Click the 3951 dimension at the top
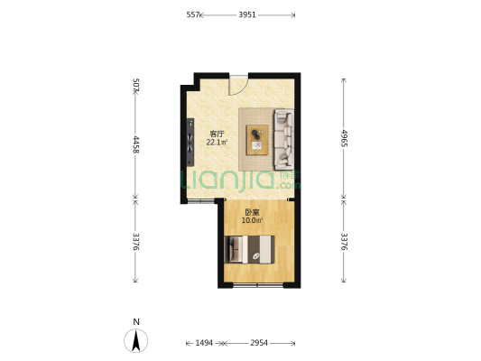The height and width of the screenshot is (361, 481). (247, 14)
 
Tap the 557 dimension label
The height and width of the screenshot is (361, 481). (193, 14)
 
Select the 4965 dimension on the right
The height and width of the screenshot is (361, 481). (344, 138)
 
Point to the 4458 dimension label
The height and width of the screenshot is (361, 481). (136, 144)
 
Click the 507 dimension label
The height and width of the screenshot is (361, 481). (136, 85)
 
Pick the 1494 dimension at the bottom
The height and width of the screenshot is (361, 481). (204, 343)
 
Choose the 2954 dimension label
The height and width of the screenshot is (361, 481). (259, 343)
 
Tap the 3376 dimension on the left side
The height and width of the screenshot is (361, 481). (136, 242)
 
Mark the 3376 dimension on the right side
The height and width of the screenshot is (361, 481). (344, 242)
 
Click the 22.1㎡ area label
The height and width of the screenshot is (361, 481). (217, 143)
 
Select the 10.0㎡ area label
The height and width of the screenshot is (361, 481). (252, 220)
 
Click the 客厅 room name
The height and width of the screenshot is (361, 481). (217, 134)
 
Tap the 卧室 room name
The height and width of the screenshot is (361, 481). (252, 212)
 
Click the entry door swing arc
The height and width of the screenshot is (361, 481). (243, 90)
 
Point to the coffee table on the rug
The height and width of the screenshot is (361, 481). (257, 140)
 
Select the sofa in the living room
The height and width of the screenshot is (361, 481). (284, 139)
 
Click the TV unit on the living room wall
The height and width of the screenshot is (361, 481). (190, 143)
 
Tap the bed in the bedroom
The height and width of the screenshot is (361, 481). (249, 249)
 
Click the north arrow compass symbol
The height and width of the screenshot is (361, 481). (136, 340)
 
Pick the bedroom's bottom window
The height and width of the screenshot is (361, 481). (258, 285)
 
